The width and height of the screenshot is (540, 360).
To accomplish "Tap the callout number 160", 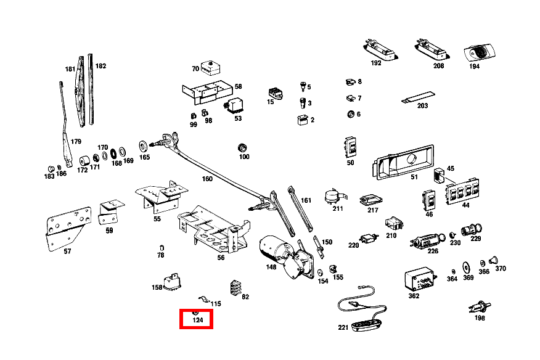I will (x=207, y=179).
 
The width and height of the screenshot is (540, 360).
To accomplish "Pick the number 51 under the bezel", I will (x=414, y=178).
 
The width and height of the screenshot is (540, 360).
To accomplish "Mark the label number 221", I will (x=343, y=327).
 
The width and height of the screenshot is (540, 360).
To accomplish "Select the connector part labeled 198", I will (x=479, y=306).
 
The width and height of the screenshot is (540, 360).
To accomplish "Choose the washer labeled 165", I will (x=144, y=145).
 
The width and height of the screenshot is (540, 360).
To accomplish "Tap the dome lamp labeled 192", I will (x=377, y=48).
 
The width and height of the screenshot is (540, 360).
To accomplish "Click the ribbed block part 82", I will (x=235, y=287).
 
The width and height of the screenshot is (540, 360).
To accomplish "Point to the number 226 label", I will (x=433, y=251).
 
